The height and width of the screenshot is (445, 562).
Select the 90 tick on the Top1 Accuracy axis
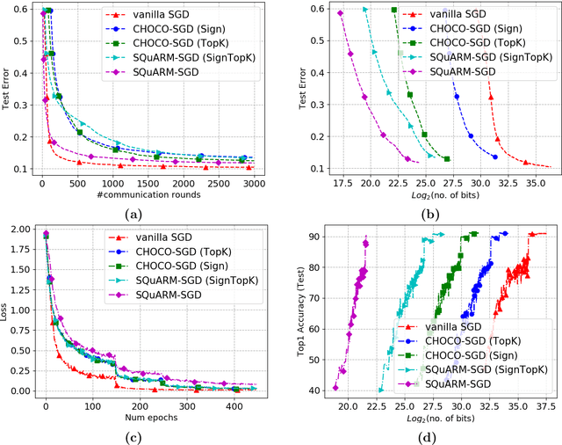pos(317,237)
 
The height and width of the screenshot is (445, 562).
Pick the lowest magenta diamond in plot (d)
pos(335,388)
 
